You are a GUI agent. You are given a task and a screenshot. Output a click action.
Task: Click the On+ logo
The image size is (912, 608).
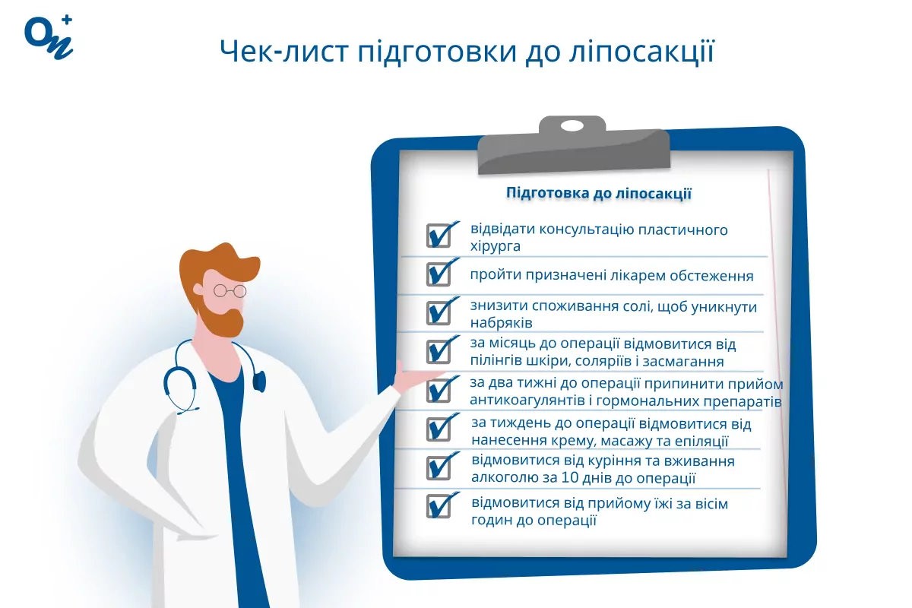pos(49,37)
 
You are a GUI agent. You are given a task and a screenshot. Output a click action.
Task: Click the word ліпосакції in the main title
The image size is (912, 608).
pos(641,52)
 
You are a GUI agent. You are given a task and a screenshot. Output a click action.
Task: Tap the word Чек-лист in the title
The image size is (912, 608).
pos(284,52)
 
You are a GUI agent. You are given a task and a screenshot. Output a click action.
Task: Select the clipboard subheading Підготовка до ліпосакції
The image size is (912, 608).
pos(599,193)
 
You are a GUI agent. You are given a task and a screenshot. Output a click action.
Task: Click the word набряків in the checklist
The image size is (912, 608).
pos(501,322)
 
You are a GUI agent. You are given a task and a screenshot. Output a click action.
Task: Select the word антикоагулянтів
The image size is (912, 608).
pos(527,401)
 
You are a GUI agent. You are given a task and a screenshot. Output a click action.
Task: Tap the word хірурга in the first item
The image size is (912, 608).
pos(495,246)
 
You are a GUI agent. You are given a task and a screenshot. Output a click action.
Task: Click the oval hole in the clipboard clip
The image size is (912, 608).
pos(572,126)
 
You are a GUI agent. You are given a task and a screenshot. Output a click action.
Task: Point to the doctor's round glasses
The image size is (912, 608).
pos(230,291)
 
